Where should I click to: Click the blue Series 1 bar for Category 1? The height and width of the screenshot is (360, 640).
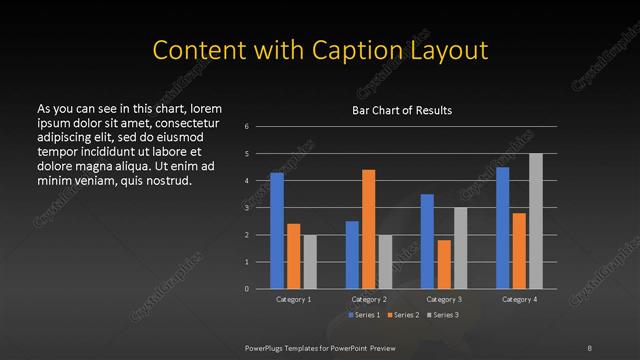coord(277,230)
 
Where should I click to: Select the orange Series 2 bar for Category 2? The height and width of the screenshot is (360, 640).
coord(368,229)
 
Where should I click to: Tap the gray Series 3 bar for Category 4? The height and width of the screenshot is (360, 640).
coord(535,221)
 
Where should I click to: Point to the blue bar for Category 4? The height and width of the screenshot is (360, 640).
coord(502,227)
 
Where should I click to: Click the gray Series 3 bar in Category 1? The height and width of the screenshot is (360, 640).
coord(310,261)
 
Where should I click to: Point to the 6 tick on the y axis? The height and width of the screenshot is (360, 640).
coord(247,127)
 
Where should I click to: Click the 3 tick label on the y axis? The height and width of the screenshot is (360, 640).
coord(247,208)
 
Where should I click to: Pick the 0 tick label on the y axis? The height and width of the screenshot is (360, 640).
coord(247,289)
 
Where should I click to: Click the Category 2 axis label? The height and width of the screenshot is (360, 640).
coord(368,299)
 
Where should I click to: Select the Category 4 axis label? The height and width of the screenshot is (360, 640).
coord(519,299)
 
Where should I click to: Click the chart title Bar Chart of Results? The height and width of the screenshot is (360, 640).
coord(402,110)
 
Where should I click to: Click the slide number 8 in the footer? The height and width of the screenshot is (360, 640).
coord(590,347)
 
